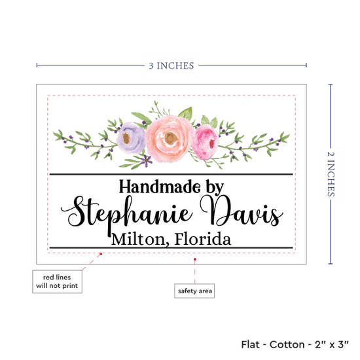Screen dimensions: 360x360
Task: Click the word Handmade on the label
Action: tap(160, 187)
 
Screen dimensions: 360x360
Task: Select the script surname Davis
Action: tap(242, 211)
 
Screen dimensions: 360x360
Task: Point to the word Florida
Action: tap(203, 239)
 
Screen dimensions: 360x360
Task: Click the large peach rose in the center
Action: tap(170, 139)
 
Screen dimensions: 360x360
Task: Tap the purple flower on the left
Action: tap(131, 137)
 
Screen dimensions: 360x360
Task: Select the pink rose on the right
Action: tap(206, 142)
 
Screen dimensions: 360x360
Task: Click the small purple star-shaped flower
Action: tap(147, 160)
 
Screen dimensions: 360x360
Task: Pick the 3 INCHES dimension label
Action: tap(171, 65)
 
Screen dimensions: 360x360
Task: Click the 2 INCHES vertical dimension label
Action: tap(331, 174)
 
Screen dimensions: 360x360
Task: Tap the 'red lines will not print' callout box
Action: tap(57, 281)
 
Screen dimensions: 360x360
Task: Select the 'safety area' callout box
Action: tap(194, 291)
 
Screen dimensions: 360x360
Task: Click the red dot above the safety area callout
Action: tap(195, 259)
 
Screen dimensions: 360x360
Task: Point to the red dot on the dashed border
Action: tap(101, 254)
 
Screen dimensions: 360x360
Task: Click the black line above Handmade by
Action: tap(171, 175)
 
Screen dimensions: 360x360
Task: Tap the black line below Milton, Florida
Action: tap(171, 247)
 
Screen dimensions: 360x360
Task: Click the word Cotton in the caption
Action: tap(287, 344)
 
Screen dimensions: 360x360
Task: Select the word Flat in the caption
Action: tap(250, 344)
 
